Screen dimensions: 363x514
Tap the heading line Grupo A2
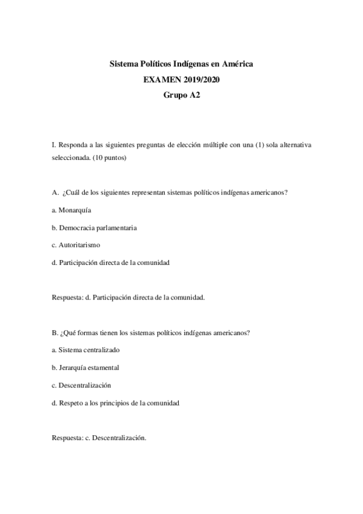(181, 95)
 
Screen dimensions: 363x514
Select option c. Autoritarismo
(76, 245)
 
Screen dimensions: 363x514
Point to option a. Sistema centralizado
(85, 350)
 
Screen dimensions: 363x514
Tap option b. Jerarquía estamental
(85, 368)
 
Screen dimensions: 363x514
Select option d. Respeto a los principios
(115, 403)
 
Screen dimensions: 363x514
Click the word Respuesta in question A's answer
(67, 298)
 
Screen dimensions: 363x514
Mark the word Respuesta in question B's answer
(67, 438)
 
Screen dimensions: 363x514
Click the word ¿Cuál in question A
(71, 193)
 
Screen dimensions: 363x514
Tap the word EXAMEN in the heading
(159, 79)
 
